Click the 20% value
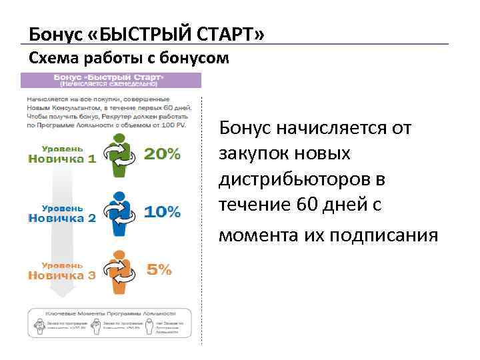click(x=162, y=154)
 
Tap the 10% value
click(x=162, y=212)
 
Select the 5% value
click(x=159, y=270)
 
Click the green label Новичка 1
click(x=62, y=159)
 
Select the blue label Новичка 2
click(x=62, y=217)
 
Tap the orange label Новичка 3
click(x=62, y=275)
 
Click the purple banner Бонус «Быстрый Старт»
click(x=111, y=81)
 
